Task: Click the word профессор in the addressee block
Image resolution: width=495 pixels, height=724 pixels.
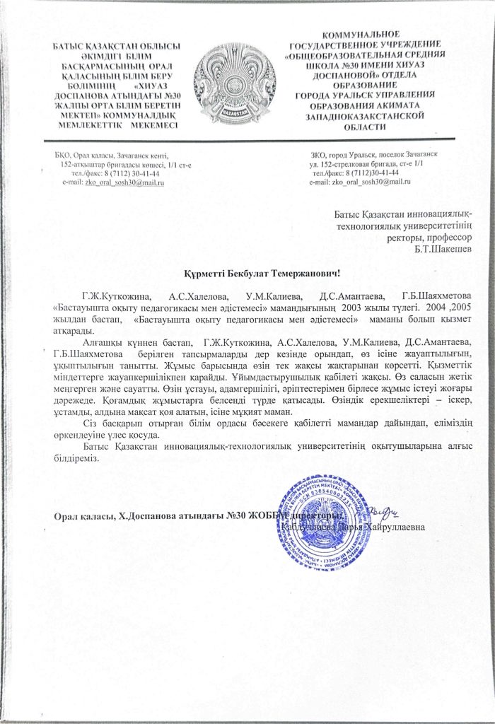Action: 443,236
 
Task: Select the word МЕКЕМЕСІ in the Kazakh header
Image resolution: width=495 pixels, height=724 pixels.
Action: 151,123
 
